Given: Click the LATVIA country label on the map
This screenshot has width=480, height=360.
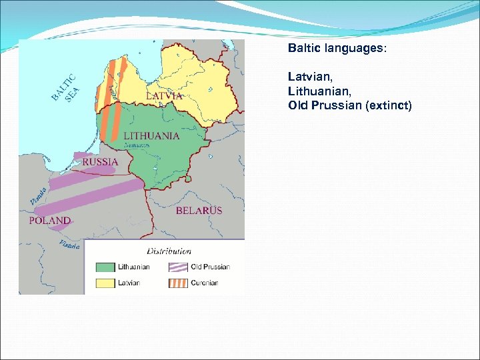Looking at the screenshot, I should click(x=164, y=96).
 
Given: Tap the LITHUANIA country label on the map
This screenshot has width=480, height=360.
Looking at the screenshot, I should click(x=151, y=135).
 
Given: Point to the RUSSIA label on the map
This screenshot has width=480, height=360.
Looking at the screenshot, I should click(x=101, y=162).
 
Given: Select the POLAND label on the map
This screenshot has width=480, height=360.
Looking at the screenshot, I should click(x=49, y=220).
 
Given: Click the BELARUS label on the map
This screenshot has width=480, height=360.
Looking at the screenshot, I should click(x=199, y=211).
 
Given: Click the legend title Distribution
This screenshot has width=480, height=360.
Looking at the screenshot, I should click(x=169, y=251).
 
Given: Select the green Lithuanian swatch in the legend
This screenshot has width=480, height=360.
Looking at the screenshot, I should click(x=105, y=267).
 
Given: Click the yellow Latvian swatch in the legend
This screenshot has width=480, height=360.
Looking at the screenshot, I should click(x=105, y=283).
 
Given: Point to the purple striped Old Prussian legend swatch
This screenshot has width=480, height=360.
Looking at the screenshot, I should click(x=177, y=267).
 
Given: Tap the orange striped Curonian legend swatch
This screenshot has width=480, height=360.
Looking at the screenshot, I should click(x=177, y=283).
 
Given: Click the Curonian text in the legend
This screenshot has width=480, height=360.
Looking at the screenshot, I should click(x=205, y=283).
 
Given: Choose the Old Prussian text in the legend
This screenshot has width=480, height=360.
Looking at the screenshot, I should click(x=210, y=267).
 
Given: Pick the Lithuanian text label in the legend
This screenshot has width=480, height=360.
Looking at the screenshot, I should click(x=134, y=267).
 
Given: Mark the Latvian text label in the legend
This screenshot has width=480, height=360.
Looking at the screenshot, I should click(x=129, y=283).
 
